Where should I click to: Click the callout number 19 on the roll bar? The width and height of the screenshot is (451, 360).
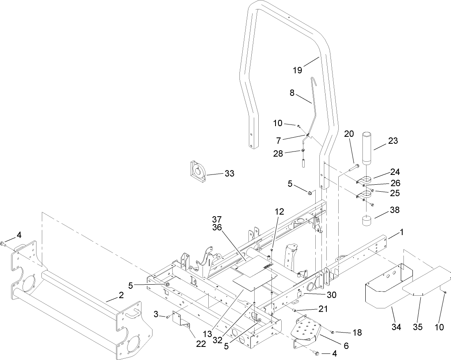click(297, 70)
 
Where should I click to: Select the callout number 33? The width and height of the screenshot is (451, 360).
click(229, 174)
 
